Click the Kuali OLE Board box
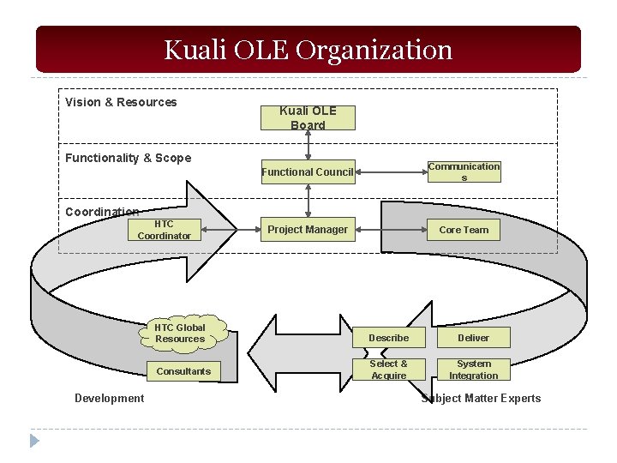(308, 118)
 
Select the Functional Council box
(308, 172)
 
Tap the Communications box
(464, 171)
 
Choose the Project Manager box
(308, 229)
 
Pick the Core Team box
(464, 230)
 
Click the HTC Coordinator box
(164, 230)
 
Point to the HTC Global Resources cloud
(180, 333)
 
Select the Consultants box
(183, 371)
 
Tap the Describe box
(389, 338)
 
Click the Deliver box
(473, 338)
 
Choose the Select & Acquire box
(389, 370)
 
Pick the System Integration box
(473, 370)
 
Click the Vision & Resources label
(121, 102)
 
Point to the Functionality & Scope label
(129, 158)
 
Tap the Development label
(109, 398)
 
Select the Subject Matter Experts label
(482, 398)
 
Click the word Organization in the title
(374, 50)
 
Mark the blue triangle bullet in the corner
(34, 441)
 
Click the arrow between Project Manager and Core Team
(392, 229)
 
